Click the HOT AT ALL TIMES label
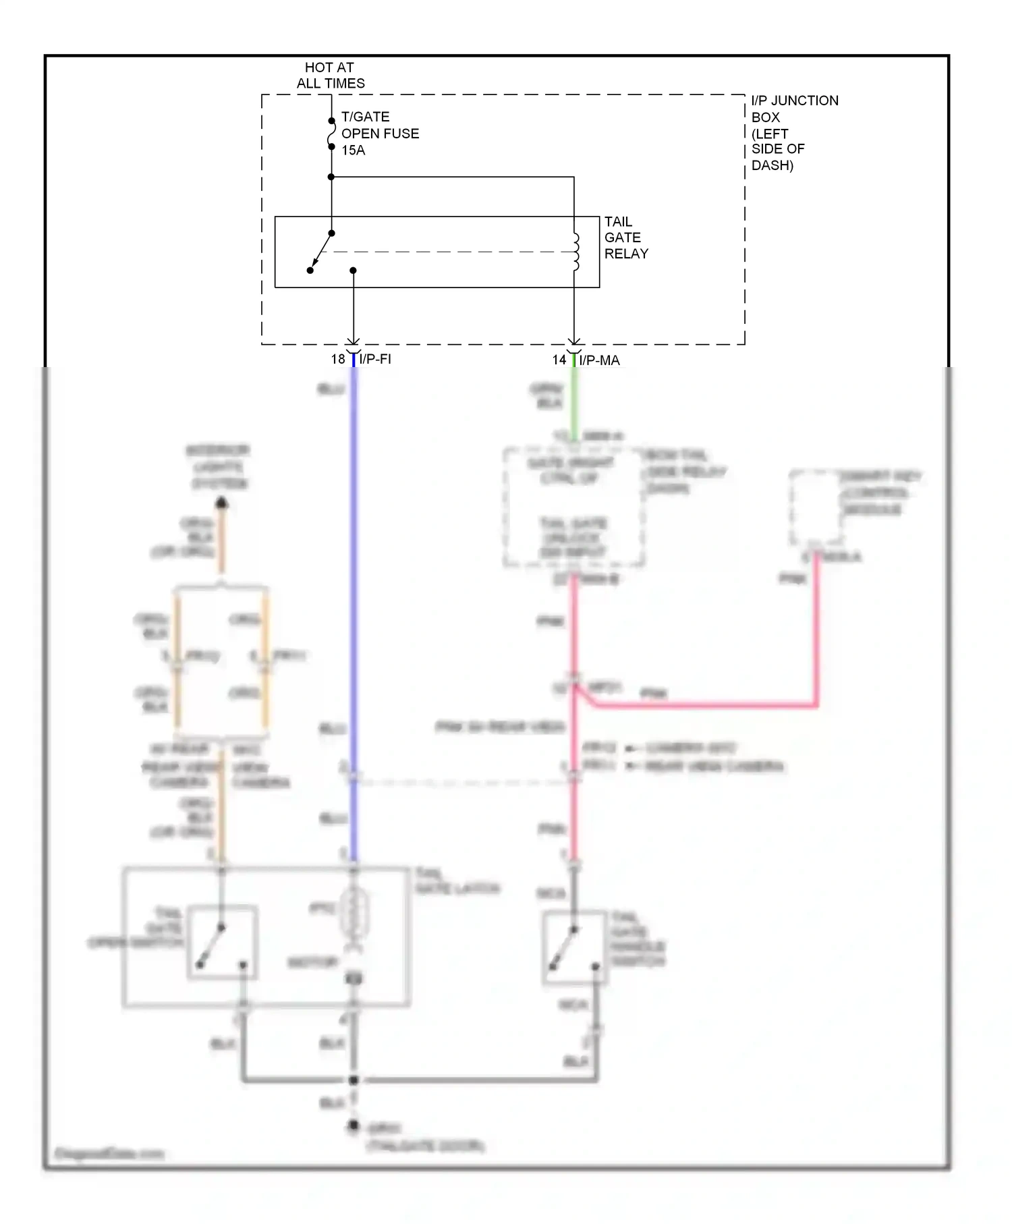pos(330,76)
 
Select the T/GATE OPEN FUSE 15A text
pos(379,134)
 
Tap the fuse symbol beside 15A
pos(331,134)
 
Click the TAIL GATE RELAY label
pos(625,238)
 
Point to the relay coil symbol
pos(575,252)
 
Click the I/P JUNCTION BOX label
pos(794,132)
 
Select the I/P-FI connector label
pos(375,359)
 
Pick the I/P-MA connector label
pos(599,360)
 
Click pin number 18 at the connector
pos(337,359)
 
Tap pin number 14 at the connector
pos(559,360)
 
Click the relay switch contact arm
pos(320,252)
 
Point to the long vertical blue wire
pos(354,574)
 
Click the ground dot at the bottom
pos(353,1126)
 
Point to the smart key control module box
pos(816,508)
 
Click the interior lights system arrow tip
pos(221,503)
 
